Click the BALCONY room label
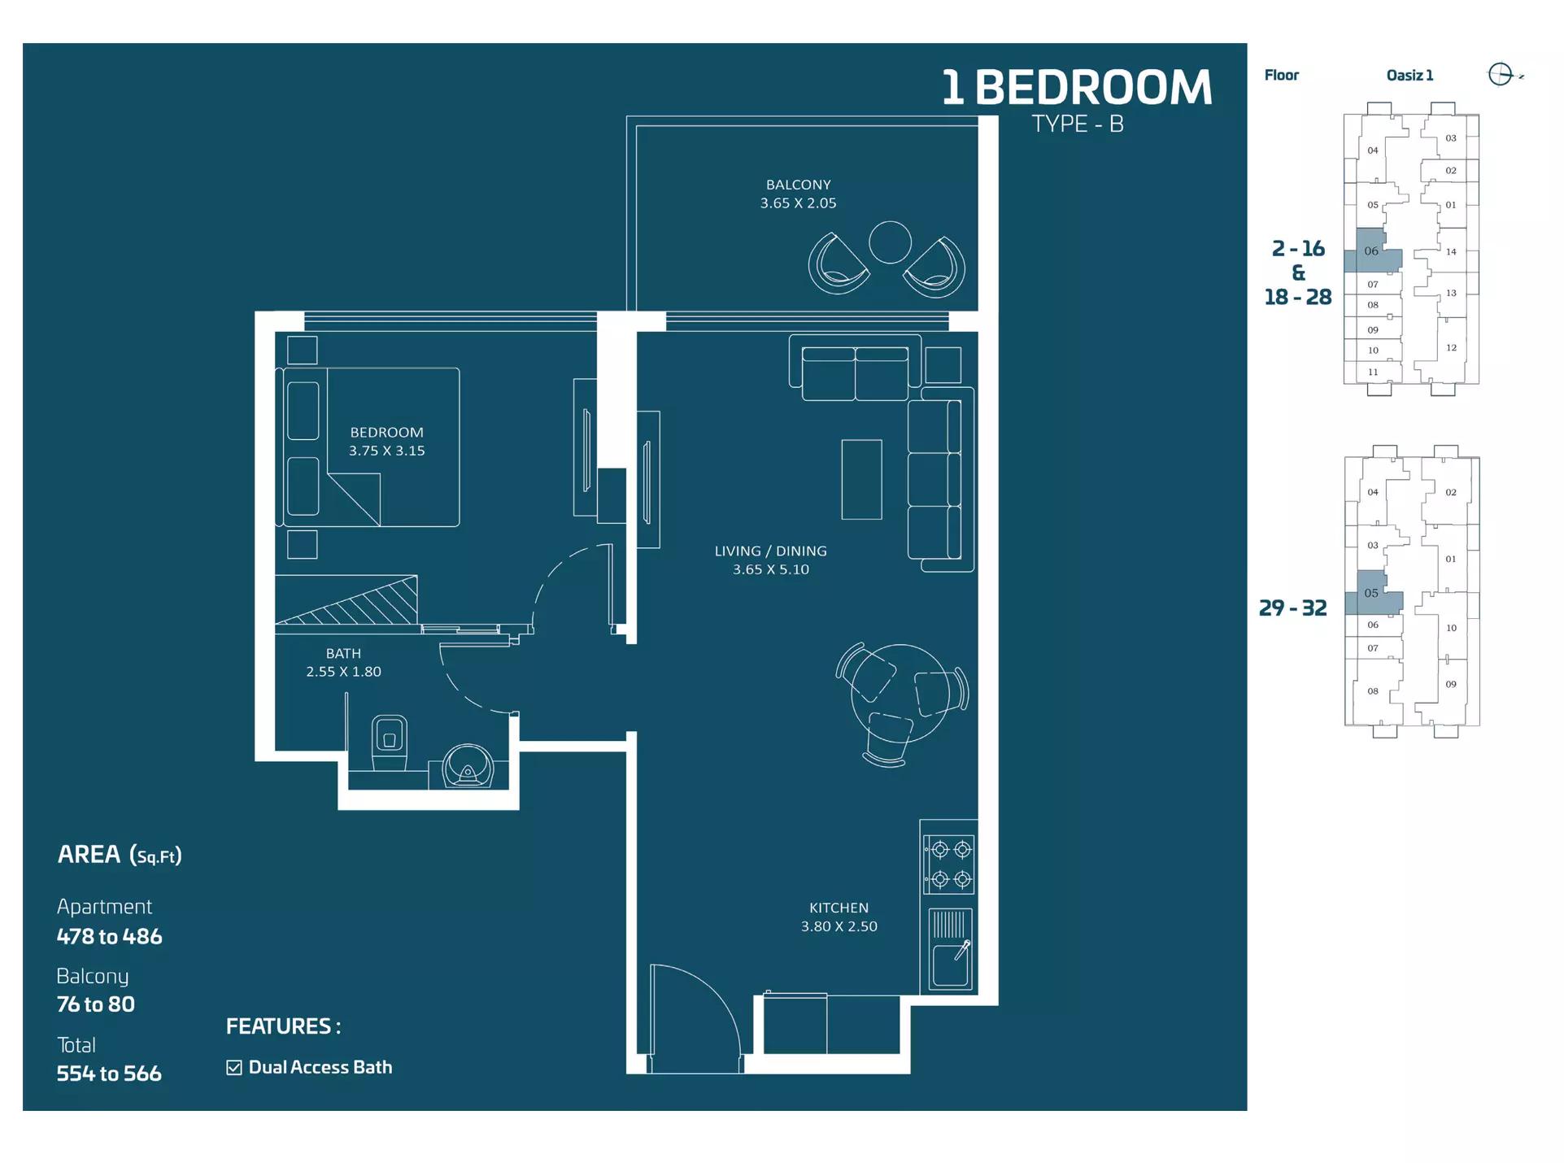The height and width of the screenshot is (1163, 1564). pos(798,185)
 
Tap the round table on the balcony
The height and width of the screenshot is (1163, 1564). pos(889,242)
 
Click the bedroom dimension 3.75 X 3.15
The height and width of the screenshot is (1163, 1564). pos(386,451)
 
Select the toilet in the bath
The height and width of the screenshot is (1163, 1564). pos(389,741)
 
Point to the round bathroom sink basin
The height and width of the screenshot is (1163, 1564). pos(468,767)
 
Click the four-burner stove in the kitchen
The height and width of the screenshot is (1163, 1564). pos(950,864)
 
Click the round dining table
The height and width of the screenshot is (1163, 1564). pos(900,693)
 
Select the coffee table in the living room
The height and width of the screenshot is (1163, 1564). pos(861,479)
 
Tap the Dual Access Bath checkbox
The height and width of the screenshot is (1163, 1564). pos(234,1068)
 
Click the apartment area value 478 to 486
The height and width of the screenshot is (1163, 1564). pos(109,937)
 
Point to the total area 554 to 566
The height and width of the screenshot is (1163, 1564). pos(109,1074)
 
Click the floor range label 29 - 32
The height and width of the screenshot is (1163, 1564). pos(1292,608)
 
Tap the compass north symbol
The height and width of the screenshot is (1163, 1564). pos(1501,75)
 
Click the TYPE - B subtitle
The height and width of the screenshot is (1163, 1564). pos(1077,124)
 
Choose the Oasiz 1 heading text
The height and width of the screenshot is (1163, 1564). pos(1409,75)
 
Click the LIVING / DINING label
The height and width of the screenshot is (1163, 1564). pos(770,551)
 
